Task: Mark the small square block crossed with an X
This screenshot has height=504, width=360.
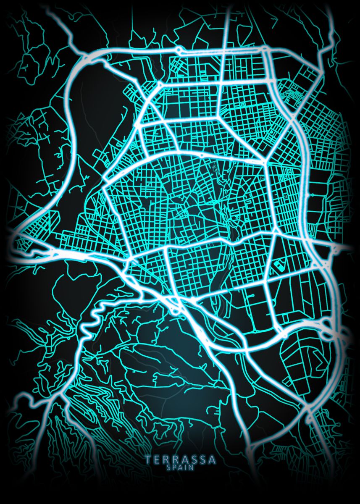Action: coord(285,196)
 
